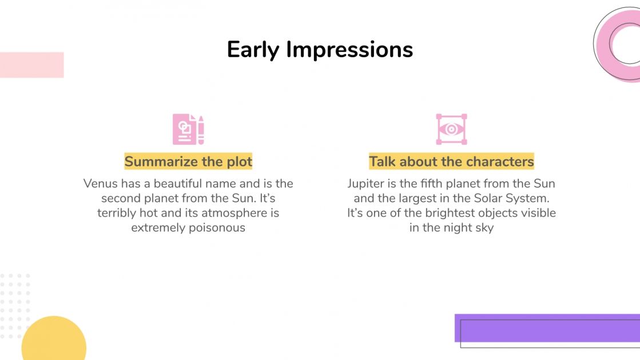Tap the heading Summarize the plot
188,162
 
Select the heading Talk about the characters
451,162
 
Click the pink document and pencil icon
188,129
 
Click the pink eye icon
451,129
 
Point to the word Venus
100,184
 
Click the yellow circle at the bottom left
54,342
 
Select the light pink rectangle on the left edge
31,65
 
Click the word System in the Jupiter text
526,199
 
